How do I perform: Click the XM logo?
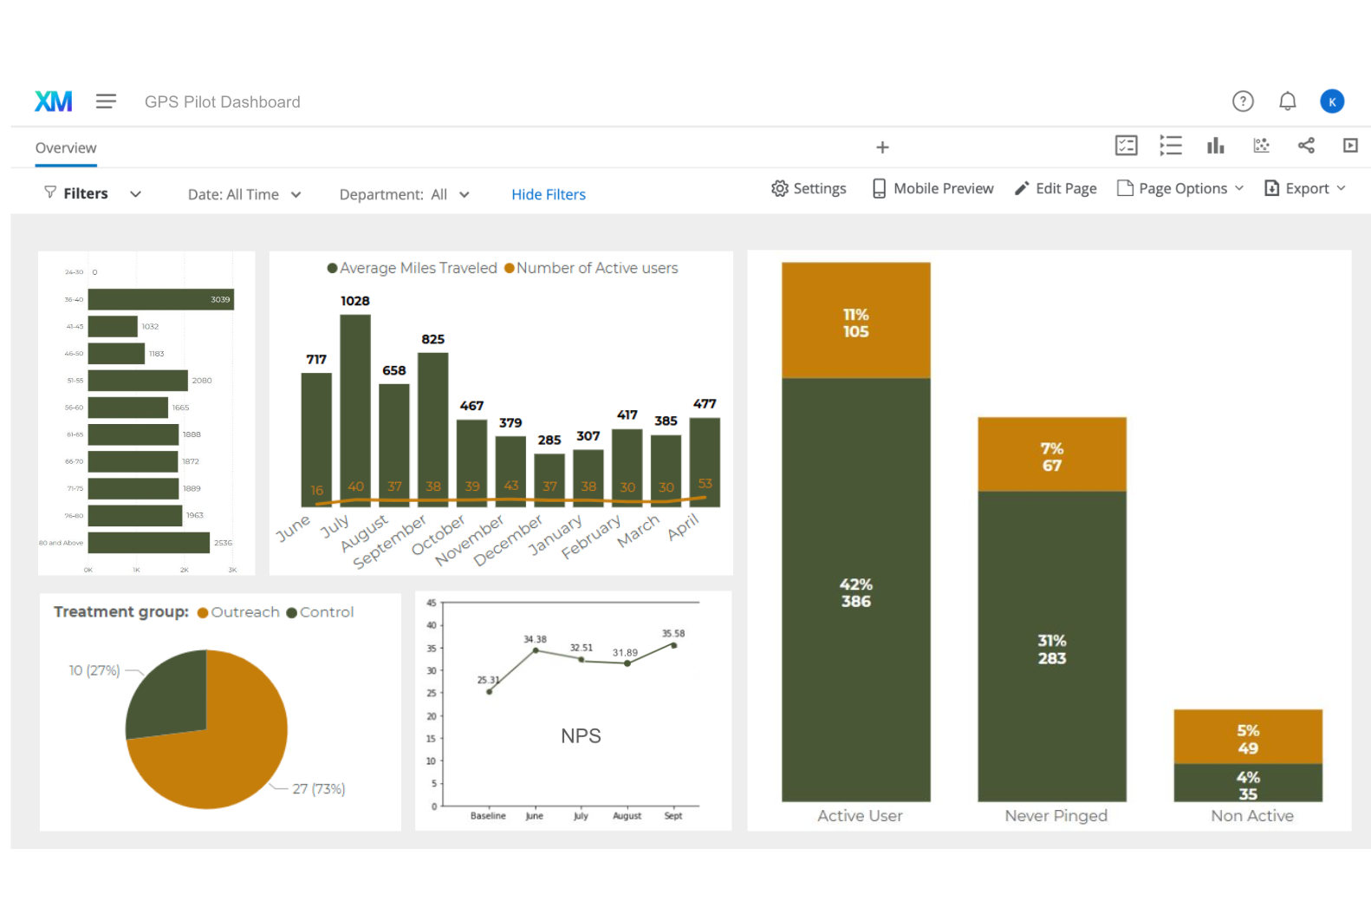(x=53, y=101)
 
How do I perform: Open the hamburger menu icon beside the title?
(x=106, y=101)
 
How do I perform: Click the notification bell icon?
(x=1287, y=101)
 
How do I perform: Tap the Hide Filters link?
(x=548, y=194)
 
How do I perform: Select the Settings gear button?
(x=808, y=188)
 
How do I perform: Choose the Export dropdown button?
(x=1305, y=188)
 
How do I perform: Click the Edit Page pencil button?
(x=1055, y=188)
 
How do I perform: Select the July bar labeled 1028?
(x=355, y=399)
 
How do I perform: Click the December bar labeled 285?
(x=549, y=473)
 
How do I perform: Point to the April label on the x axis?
(x=683, y=527)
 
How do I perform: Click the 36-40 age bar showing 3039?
(x=160, y=299)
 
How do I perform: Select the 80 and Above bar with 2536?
(x=148, y=543)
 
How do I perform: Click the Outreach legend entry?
(x=238, y=612)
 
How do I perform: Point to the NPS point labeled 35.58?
(x=673, y=645)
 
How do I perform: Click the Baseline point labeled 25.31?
(x=490, y=691)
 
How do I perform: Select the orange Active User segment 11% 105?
(x=855, y=321)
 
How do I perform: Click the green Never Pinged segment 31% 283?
(x=1051, y=646)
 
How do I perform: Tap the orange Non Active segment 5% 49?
(x=1247, y=736)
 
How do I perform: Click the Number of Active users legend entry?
(x=591, y=269)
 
